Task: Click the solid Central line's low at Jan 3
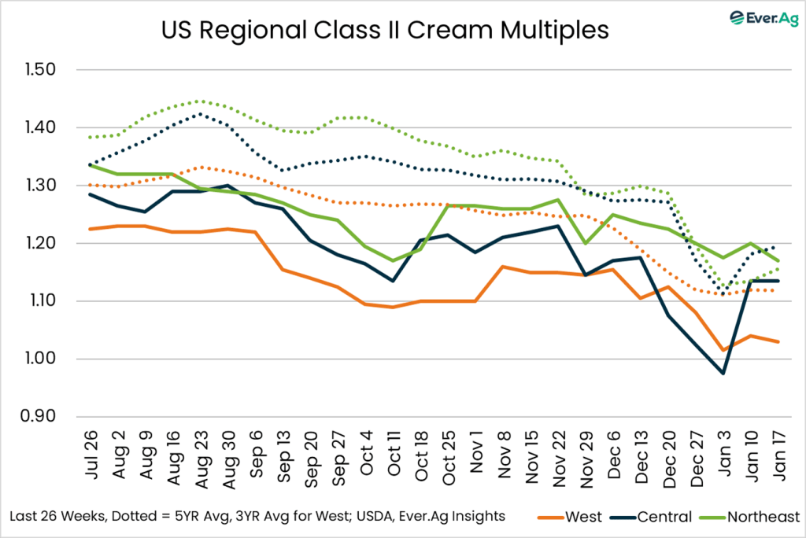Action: coord(723,373)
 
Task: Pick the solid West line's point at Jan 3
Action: coord(723,350)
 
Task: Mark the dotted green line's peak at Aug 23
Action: coord(200,101)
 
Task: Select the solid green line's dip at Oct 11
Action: coord(392,260)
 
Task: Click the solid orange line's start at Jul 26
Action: coord(91,229)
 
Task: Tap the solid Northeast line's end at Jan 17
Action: coord(779,260)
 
